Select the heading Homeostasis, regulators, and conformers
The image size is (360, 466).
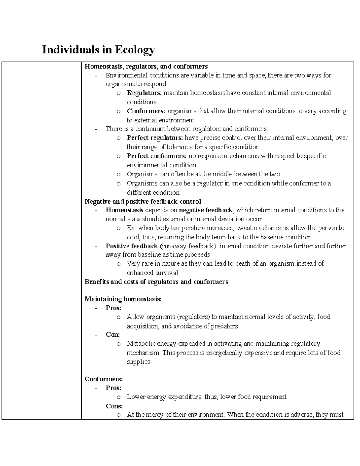(x=146, y=66)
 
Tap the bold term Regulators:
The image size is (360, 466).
(x=144, y=93)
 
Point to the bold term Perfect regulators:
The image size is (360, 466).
(x=155, y=138)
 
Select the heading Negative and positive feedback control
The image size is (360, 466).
(x=143, y=201)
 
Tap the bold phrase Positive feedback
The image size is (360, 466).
(x=132, y=246)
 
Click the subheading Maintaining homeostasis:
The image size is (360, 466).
(x=123, y=299)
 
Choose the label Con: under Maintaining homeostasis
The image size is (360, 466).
(x=113, y=335)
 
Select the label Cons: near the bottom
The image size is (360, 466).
(x=114, y=406)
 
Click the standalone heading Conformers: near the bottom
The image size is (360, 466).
(x=104, y=379)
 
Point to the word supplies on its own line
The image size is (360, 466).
(x=138, y=362)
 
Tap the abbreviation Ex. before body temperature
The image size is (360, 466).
(x=131, y=228)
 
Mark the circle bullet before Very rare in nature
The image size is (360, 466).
(x=118, y=264)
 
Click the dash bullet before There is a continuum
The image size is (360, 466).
(x=96, y=129)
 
